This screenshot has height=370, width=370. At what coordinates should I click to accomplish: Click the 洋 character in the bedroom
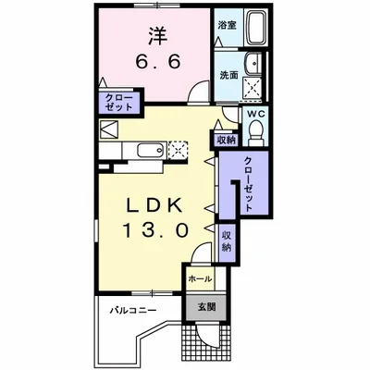click(x=159, y=36)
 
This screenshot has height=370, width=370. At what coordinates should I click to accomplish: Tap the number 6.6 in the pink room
click(x=158, y=62)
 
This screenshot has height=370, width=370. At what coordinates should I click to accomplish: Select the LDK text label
click(x=155, y=205)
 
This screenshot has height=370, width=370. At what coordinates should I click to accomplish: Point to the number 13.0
click(x=156, y=230)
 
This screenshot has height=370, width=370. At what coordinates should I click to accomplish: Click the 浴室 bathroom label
click(x=227, y=25)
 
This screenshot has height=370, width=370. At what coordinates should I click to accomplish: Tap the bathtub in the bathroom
click(x=255, y=28)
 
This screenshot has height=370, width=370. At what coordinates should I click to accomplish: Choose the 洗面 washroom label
click(x=228, y=75)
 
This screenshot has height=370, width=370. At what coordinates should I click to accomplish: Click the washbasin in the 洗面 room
click(x=253, y=64)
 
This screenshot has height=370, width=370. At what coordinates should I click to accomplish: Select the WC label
click(x=256, y=114)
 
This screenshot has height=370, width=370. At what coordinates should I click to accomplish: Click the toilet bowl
click(x=256, y=132)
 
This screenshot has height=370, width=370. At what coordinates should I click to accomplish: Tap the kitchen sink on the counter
click(x=151, y=151)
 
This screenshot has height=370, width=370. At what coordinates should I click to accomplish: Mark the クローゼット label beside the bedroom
click(x=118, y=103)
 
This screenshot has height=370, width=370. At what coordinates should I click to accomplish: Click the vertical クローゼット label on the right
click(x=249, y=184)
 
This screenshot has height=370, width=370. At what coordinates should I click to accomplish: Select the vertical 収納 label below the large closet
click(x=227, y=240)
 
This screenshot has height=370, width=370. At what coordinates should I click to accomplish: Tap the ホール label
click(x=200, y=279)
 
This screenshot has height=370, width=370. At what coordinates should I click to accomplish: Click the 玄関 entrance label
click(x=206, y=307)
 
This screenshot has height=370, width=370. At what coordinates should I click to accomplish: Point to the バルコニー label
click(x=133, y=310)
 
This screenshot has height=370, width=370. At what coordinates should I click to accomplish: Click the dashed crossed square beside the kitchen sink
click(x=178, y=150)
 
